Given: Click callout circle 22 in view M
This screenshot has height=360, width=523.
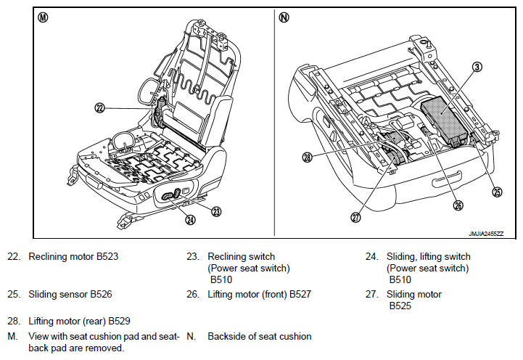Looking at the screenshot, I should [x=99, y=107].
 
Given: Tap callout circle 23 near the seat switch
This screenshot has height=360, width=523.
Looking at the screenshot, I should [x=215, y=211].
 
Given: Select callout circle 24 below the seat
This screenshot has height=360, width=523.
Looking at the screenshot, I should [x=190, y=220].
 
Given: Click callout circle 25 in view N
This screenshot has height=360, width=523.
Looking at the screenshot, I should [x=497, y=192].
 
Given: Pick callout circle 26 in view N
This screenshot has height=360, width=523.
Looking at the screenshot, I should [x=457, y=205].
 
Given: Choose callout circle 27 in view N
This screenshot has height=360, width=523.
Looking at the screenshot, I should [x=355, y=217].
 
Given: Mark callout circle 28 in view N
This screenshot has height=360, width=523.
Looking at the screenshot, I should [x=308, y=157].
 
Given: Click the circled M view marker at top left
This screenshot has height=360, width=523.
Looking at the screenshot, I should [x=43, y=17].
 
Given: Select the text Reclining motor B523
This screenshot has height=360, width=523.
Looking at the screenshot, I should [x=73, y=256].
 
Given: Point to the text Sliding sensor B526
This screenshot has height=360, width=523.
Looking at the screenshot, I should [x=70, y=294].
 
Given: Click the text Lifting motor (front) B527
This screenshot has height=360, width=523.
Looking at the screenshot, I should [x=259, y=294].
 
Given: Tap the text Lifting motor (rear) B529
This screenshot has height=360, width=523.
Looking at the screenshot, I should [x=79, y=320].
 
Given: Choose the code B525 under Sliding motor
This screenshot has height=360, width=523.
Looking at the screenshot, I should [x=400, y=306].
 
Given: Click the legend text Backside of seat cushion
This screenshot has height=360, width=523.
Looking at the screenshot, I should [x=259, y=336].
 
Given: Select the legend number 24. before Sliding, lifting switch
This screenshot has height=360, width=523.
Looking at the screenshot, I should [x=371, y=256].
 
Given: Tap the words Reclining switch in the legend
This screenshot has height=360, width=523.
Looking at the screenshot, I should [x=241, y=256].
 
